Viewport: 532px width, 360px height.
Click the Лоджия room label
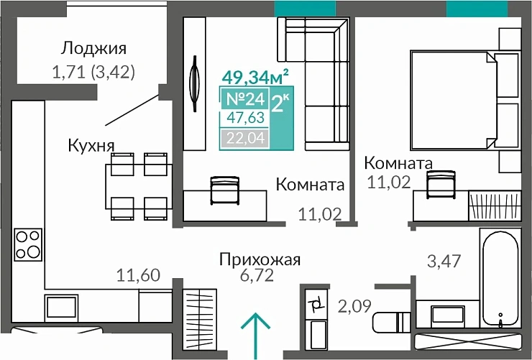93,48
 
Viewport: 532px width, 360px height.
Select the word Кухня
91,145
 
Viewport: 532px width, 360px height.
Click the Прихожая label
260,260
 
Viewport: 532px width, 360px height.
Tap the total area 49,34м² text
255,75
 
